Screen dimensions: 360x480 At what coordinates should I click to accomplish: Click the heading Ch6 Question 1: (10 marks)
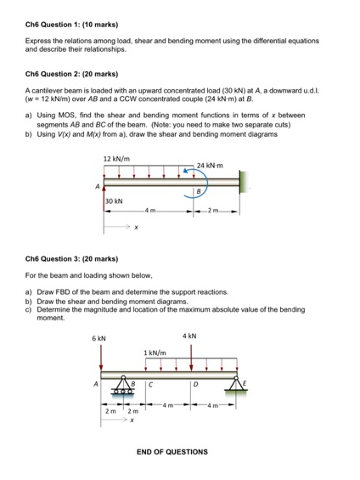[x=72, y=20]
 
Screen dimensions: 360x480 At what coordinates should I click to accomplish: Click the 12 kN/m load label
[x=115, y=159]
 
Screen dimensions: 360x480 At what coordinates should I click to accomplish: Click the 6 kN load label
[x=99, y=338]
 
